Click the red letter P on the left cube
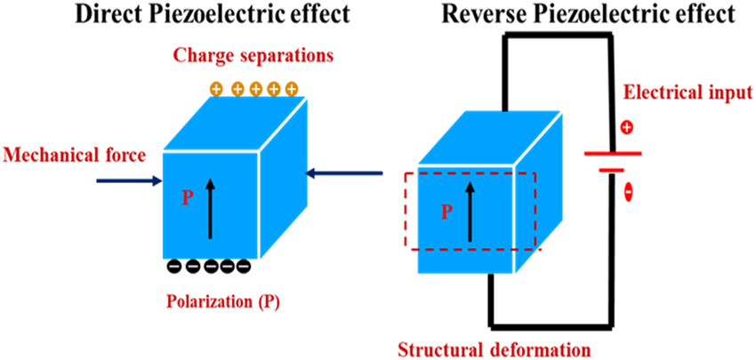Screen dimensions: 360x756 (187, 197)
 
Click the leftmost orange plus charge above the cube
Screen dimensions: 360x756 (216, 89)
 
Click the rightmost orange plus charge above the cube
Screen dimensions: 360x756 (290, 89)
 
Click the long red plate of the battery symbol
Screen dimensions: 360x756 (613, 152)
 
